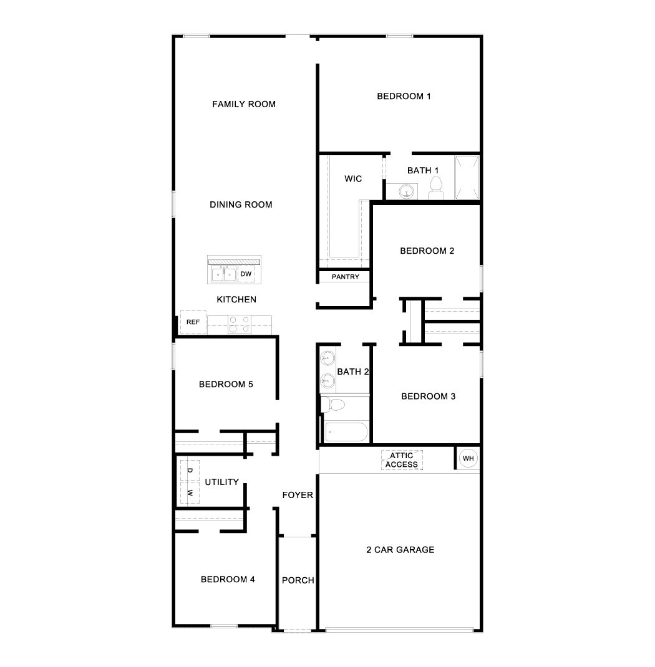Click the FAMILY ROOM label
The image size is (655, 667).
244,104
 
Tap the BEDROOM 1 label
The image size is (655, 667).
404,96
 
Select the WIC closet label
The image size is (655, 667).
353,179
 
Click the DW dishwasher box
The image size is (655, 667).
246,274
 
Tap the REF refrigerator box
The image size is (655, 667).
193,322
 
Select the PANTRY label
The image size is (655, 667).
345,277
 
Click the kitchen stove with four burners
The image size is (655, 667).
239,324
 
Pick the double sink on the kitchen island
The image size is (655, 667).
222,274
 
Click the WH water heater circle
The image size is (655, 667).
468,459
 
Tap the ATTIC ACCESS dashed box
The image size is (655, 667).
402,460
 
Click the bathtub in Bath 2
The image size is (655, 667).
346,432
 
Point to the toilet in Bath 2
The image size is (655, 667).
332,405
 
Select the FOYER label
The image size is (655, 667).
298,495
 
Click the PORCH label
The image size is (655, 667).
298,580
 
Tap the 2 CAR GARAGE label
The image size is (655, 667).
400,550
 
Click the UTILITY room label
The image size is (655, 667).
221,482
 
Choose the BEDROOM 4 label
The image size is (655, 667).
228,579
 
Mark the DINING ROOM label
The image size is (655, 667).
241,204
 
